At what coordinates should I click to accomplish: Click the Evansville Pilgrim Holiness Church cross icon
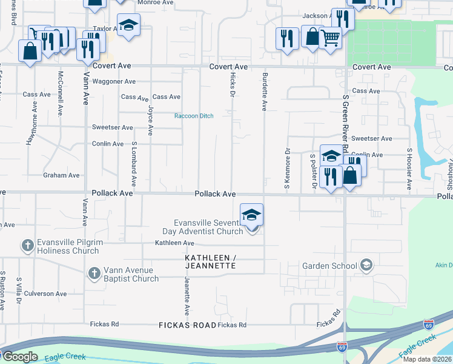pyautogui.click(x=27, y=246)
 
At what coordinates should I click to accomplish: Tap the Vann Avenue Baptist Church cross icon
pyautogui.click(x=94, y=274)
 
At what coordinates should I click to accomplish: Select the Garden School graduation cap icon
pyautogui.click(x=366, y=265)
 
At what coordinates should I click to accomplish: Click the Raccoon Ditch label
pyautogui.click(x=194, y=116)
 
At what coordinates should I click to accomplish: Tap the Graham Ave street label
pyautogui.click(x=61, y=175)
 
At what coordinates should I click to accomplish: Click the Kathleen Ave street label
pyautogui.click(x=174, y=243)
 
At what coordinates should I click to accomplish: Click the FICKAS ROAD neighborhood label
pyautogui.click(x=187, y=325)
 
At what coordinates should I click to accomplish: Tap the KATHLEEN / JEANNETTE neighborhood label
pyautogui.click(x=210, y=261)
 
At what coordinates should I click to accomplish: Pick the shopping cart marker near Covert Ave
pyautogui.click(x=330, y=38)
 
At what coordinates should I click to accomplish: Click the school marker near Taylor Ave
pyautogui.click(x=128, y=25)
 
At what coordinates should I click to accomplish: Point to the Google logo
pyautogui.click(x=19, y=357)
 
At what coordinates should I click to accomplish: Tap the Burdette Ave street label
pyautogui.click(x=265, y=92)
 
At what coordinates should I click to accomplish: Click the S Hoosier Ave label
pyautogui.click(x=410, y=169)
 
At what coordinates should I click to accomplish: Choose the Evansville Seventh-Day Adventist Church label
pyautogui.click(x=203, y=226)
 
